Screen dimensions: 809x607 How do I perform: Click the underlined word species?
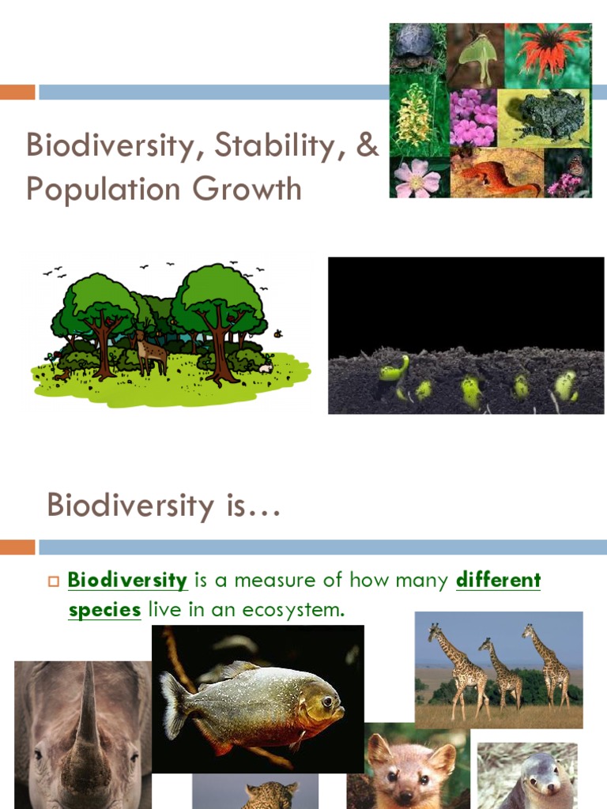[104, 611]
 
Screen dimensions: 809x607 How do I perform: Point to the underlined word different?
[498, 581]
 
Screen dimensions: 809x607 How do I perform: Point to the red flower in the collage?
[550, 48]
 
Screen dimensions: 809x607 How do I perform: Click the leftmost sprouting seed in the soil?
[394, 369]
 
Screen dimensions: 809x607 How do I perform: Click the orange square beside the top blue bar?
[17, 92]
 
